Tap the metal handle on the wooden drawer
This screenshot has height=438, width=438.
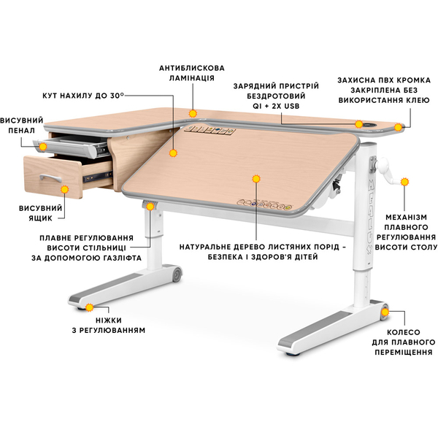click(51, 177)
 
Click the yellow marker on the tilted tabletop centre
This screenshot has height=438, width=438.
click(256, 179)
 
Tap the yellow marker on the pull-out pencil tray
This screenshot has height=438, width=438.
click(43, 147)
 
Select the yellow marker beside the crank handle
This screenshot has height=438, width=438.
click(404, 182)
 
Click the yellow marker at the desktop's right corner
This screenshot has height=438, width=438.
click(398, 127)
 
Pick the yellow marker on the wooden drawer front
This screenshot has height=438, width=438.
click(64, 189)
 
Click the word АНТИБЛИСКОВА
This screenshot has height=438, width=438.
click(192, 68)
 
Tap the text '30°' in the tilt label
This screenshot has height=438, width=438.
click(117, 95)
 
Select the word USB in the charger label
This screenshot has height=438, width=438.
click(291, 106)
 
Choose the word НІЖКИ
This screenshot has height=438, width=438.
click(109, 320)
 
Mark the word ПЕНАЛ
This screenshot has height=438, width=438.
click(21, 131)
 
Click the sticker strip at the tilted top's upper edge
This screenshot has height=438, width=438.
click(209, 130)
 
